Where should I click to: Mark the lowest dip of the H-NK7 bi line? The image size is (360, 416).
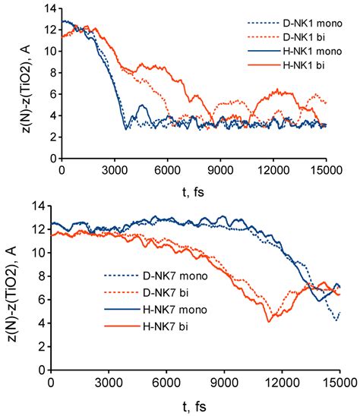point(268,322)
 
